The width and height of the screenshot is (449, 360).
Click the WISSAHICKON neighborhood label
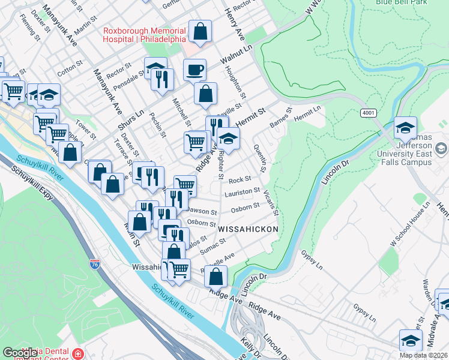coord(248,229)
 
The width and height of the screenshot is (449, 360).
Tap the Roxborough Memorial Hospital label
coord(145,35)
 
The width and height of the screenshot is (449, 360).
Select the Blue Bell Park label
coord(400,2)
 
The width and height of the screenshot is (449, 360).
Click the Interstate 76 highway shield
coord(94,263)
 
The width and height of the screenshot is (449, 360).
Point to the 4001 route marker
coord(369,112)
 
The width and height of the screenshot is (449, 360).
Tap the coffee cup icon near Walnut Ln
coord(194,70)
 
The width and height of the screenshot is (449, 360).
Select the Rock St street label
coord(239,179)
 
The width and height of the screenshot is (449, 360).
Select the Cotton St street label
coord(69,67)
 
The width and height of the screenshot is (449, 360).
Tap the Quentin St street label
coord(260,157)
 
